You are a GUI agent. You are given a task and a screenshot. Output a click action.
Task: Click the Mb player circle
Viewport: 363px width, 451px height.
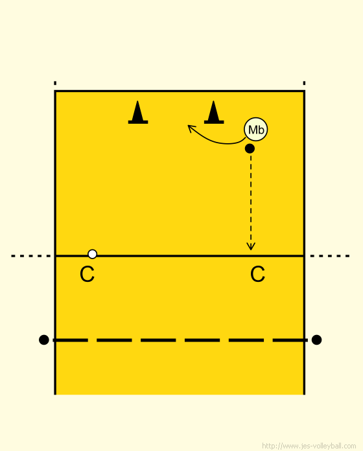[255, 130]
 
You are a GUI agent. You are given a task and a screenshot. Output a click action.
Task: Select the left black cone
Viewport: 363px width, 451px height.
[138, 113]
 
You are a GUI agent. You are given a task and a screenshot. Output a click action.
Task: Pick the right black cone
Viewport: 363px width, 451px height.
[214, 113]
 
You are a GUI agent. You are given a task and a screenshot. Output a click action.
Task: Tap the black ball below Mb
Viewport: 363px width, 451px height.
[250, 148]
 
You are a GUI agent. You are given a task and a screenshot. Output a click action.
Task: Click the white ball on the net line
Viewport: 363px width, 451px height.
[92, 254]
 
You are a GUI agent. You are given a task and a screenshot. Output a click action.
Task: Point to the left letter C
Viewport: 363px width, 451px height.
[87, 274]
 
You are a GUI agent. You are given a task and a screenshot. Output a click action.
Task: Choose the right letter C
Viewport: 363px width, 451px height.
[257, 274]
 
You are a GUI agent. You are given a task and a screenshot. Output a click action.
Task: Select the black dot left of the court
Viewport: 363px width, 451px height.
[43, 340]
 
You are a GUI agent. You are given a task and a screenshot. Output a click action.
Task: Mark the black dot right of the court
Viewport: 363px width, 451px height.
[316, 340]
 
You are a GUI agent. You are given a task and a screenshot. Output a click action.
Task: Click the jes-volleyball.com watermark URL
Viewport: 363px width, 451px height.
[309, 446]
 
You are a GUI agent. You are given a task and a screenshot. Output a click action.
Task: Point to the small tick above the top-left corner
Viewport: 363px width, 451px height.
[55, 83]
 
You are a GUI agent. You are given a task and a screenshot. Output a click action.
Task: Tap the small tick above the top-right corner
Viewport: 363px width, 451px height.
[304, 83]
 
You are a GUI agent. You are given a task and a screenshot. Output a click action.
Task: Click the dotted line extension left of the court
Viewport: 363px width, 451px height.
[30, 256]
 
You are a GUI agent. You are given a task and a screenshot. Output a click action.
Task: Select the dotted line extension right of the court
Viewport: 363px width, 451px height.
[330, 256]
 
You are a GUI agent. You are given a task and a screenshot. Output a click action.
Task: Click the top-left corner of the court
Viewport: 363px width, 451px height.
[55, 91]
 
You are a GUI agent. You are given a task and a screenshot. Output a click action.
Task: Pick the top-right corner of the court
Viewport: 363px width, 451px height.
[304, 91]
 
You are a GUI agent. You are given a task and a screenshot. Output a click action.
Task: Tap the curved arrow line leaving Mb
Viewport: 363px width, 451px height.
[218, 141]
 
